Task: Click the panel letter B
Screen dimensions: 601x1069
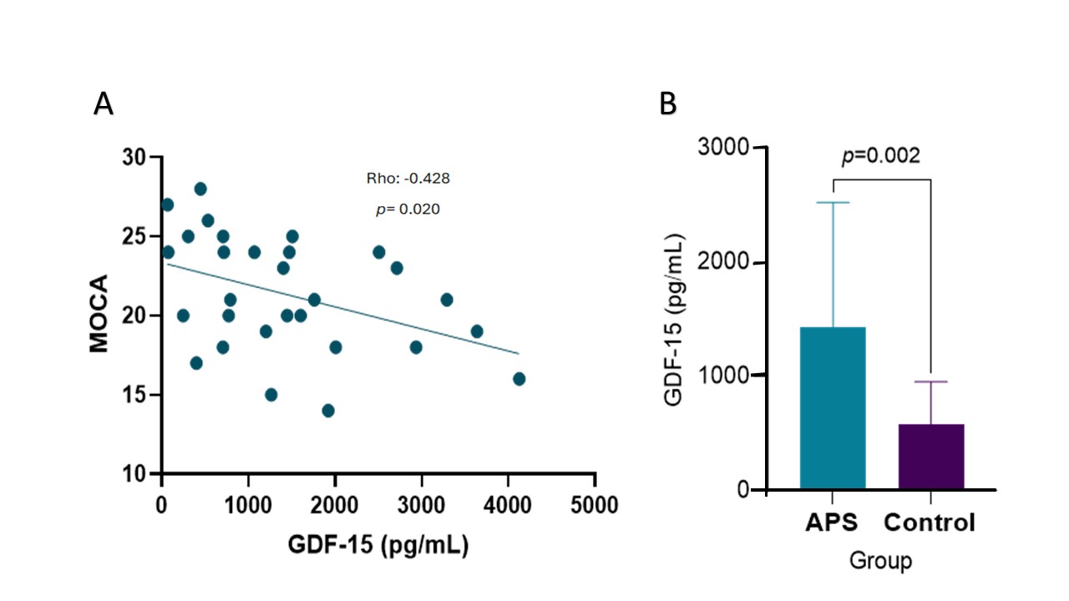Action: point(668,104)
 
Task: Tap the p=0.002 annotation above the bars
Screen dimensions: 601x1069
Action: point(880,156)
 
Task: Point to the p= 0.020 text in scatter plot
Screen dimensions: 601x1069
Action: point(408,210)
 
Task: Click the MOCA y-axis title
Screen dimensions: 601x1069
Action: point(99,315)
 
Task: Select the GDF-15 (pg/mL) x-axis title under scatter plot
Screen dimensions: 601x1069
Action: point(377,546)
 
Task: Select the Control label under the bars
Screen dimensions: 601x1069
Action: point(930,523)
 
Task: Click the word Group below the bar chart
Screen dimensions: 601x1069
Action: point(880,560)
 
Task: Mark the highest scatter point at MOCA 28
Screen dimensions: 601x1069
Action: point(200,189)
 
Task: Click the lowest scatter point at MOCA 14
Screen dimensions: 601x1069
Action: point(328,411)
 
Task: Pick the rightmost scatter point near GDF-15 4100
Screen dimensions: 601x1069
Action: point(519,379)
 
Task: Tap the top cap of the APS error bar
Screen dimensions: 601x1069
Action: point(833,203)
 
